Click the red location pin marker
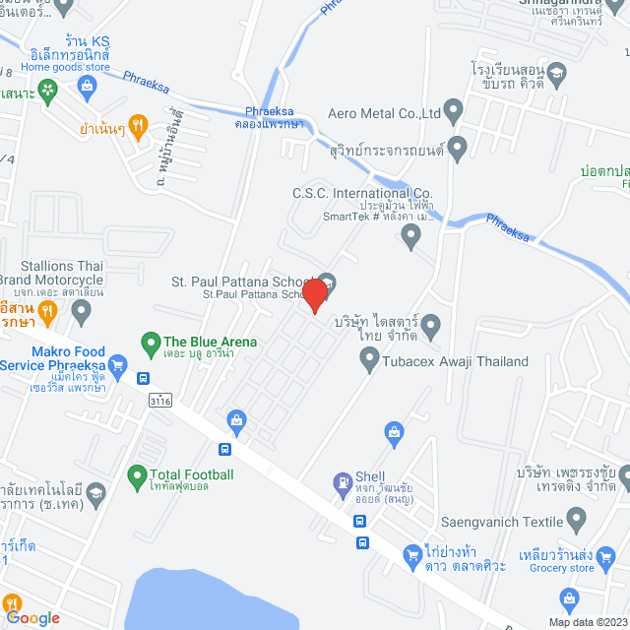[314, 295]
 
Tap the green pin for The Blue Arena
[151, 343]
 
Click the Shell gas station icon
[342, 482]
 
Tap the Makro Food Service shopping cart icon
[118, 365]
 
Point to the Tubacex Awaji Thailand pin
[369, 362]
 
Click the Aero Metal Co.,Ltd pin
[453, 108]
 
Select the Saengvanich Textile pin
[578, 518]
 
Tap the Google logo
[32, 618]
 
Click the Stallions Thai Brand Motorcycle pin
[82, 313]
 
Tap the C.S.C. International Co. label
[362, 194]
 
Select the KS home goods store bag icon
[88, 86]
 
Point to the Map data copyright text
[586, 622]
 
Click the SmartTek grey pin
[412, 233]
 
